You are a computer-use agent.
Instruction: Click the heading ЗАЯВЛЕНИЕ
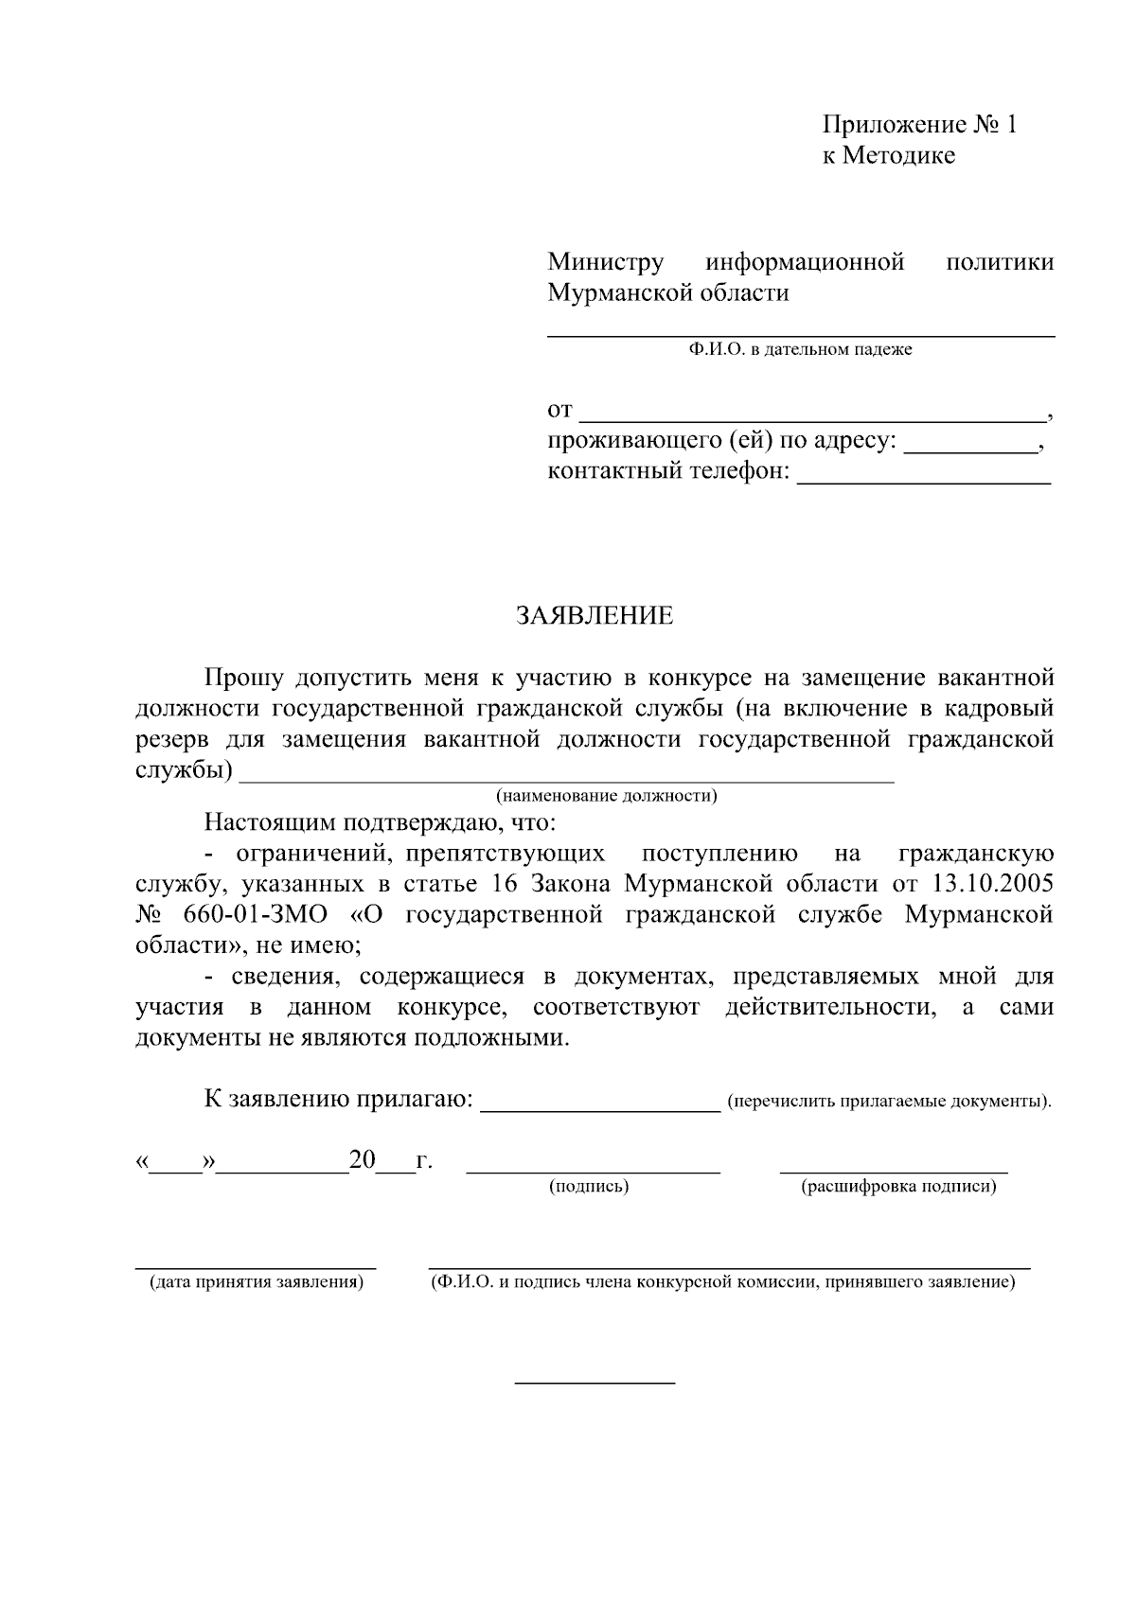595,616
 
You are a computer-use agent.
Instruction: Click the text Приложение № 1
918,125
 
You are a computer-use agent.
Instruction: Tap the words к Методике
888,155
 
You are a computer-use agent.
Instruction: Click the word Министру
606,262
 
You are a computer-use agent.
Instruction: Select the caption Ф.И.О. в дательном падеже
801,350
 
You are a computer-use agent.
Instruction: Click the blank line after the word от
809,415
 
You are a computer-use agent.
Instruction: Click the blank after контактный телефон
923,478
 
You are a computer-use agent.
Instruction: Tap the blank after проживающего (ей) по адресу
970,447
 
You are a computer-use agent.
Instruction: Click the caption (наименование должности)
607,796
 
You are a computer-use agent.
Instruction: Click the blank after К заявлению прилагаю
600,1107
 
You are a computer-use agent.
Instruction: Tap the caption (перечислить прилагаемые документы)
888,1102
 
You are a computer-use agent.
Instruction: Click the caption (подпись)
589,1186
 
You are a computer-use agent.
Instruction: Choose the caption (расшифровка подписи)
897,1186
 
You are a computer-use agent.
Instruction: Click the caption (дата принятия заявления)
256,1282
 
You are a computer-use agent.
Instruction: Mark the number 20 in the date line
363,1159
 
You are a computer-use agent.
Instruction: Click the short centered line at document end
595,1383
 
